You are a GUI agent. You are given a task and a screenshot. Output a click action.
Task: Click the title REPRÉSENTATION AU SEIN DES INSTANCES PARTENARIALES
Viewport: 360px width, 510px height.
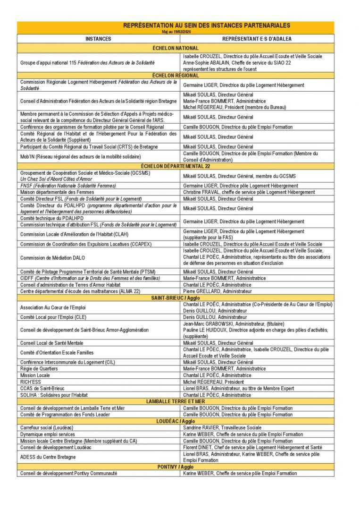pyautogui.click(x=207, y=25)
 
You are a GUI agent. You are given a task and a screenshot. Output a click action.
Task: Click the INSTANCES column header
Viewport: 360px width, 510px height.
pyautogui.click(x=98, y=39)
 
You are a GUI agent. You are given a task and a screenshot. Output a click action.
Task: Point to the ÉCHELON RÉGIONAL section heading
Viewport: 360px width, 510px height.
pyautogui.click(x=176, y=76)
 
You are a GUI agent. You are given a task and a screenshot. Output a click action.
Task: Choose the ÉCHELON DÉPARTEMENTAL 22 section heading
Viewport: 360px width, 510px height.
pyautogui.click(x=176, y=166)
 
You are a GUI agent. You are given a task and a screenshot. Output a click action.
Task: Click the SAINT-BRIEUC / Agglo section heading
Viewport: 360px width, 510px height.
pyautogui.click(x=176, y=298)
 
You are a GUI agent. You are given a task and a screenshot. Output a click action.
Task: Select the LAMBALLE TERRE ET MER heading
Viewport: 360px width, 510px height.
pyautogui.click(x=176, y=401)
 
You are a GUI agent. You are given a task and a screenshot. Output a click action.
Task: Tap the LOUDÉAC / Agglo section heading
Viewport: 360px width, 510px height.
pyautogui.click(x=176, y=421)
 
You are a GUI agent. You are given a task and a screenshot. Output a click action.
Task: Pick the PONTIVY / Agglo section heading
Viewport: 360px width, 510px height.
pyautogui.click(x=176, y=467)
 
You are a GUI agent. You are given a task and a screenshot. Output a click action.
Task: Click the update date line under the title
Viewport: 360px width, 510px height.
pyautogui.click(x=176, y=31)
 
